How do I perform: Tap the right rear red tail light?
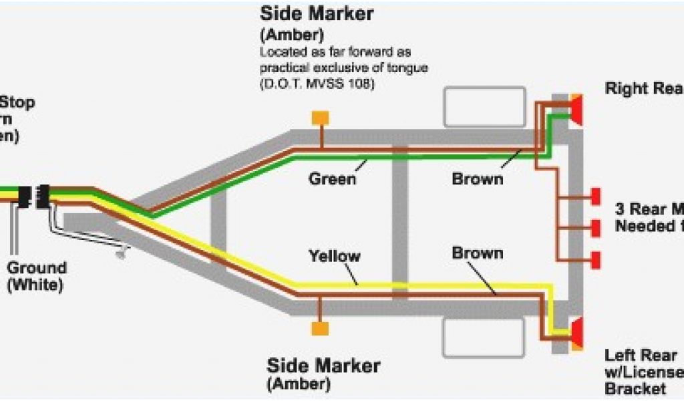coord(576,110)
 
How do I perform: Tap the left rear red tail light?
coord(576,332)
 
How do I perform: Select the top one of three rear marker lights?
coord(595,197)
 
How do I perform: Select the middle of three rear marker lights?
coord(595,228)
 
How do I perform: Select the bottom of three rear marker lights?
coord(595,258)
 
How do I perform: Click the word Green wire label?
coord(332,179)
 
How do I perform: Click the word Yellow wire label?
coord(334,256)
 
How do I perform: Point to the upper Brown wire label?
coord(478,179)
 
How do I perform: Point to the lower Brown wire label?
coord(478,253)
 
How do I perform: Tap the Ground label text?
coord(37,269)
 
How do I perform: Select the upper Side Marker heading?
coord(316,13)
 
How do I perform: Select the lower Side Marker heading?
coord(324,366)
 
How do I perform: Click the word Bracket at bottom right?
coord(635,388)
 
